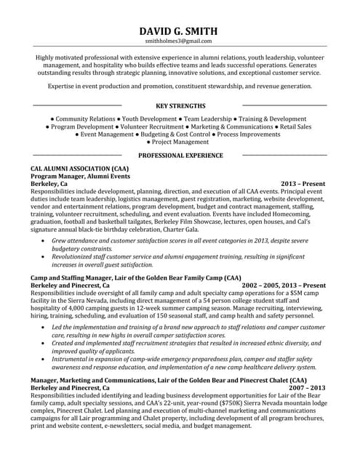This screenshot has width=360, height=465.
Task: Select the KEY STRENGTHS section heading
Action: pos(180,105)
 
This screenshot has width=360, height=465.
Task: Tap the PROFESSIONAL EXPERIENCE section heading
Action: pos(180,155)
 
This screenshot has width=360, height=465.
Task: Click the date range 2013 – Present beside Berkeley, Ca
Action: pos(303,185)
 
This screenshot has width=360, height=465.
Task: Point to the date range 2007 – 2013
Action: pos(307,388)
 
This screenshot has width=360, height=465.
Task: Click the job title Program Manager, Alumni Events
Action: pos(80,177)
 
